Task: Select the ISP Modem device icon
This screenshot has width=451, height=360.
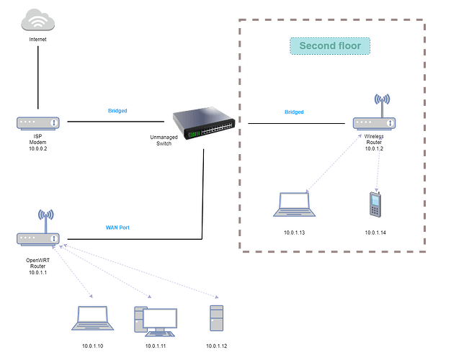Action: pos(39,122)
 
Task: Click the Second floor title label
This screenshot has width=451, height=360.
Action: pos(330,47)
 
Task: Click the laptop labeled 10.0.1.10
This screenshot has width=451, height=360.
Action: pos(93,318)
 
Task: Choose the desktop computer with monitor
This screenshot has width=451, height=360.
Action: pos(155,320)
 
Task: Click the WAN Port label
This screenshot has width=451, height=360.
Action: pos(117,228)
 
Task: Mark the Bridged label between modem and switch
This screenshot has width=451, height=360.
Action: pos(117,112)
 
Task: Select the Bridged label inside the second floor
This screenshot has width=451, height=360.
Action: pos(294,112)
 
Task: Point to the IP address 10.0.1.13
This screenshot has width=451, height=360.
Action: pos(295,233)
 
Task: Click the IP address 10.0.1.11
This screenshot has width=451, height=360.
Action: pos(156,347)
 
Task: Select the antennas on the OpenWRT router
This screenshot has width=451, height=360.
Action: pos(45,216)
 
